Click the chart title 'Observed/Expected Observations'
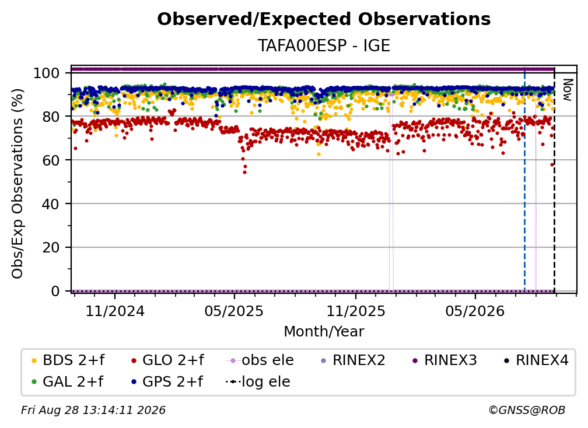click(324, 19)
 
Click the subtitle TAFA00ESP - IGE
click(324, 45)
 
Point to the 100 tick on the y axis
click(47, 73)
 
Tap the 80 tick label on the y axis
click(51, 117)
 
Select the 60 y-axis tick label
click(51, 160)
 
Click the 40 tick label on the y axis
click(51, 204)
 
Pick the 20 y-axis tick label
click(51, 248)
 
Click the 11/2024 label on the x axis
click(115, 311)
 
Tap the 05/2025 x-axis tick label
click(235, 311)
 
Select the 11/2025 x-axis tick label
click(355, 311)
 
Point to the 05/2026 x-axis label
click(475, 311)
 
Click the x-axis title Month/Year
click(324, 332)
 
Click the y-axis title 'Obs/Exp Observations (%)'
click(17, 184)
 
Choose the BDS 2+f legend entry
click(68, 360)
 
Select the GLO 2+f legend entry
click(167, 360)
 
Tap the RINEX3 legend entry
click(444, 360)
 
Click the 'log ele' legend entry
click(258, 382)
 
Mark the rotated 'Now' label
click(568, 90)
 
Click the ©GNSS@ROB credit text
click(527, 411)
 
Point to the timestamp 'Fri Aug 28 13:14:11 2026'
click(93, 411)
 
